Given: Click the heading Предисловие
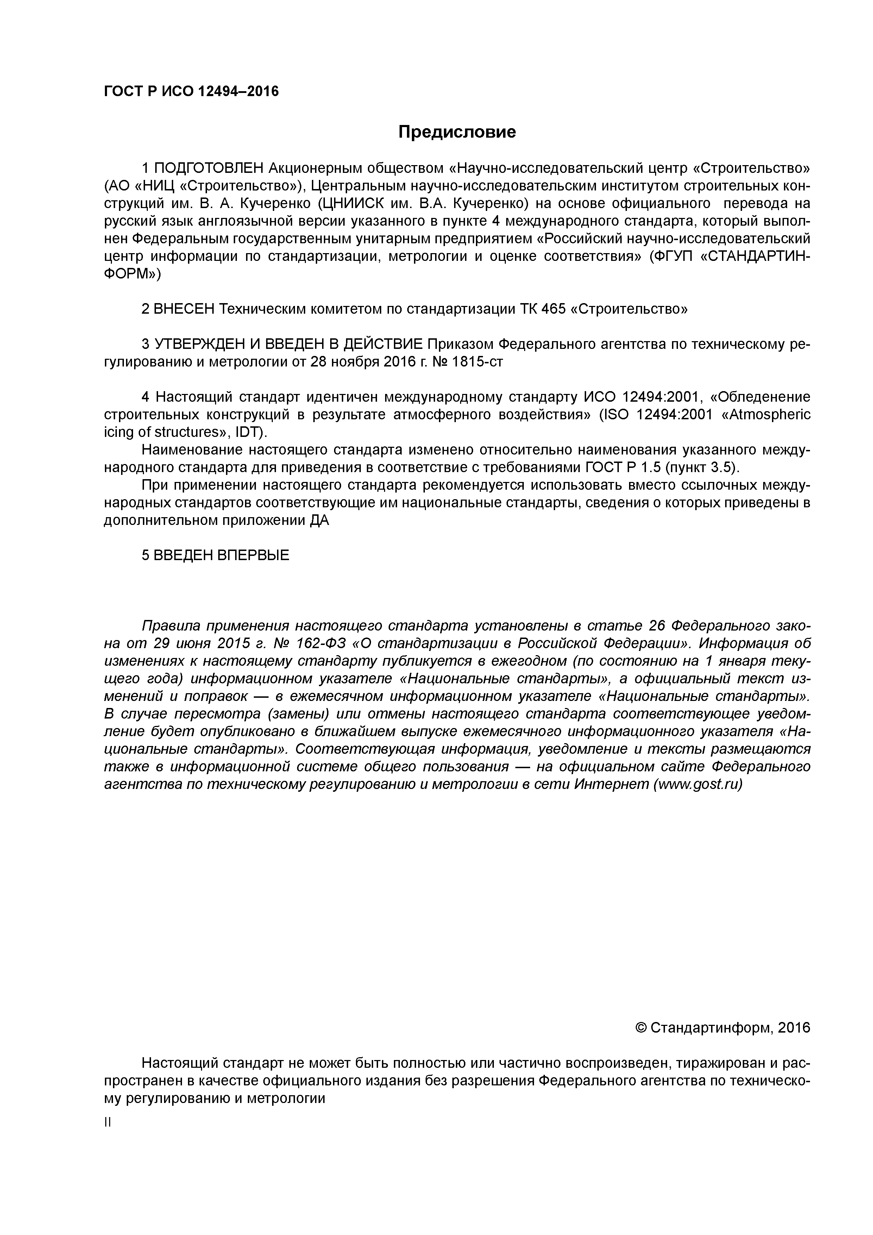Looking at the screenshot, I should (457, 132).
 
